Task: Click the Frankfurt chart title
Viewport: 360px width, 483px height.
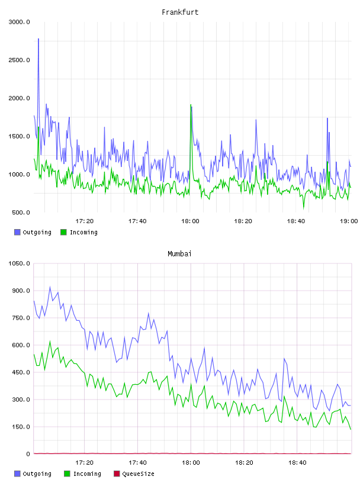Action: (x=180, y=12)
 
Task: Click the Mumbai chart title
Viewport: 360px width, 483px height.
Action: (x=179, y=254)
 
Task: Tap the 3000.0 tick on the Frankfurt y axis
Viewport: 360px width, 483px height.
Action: (x=19, y=22)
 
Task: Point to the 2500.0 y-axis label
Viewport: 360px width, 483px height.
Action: (x=19, y=60)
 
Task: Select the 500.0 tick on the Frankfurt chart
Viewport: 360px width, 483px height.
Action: (x=21, y=212)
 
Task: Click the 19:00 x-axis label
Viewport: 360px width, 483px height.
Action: (x=349, y=221)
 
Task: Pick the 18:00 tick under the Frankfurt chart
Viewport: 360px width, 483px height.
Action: (x=190, y=221)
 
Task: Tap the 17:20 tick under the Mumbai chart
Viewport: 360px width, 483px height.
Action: (x=85, y=463)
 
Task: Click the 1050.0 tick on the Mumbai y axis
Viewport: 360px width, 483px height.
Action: (x=19, y=263)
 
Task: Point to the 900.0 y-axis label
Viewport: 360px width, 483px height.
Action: (x=21, y=291)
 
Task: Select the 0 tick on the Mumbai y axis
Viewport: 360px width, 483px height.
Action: (x=28, y=454)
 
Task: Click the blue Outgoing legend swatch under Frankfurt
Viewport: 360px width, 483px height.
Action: (x=17, y=232)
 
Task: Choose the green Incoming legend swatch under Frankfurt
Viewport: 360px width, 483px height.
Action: (x=63, y=232)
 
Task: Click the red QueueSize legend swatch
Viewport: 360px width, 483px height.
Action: (x=117, y=474)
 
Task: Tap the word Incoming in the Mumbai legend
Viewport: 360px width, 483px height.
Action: (x=87, y=474)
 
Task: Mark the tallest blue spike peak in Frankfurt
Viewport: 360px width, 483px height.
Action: (x=38, y=39)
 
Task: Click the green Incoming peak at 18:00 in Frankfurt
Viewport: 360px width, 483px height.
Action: (x=191, y=105)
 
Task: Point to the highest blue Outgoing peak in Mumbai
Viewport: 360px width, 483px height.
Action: (x=50, y=287)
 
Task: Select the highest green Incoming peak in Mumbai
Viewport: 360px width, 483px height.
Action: (x=50, y=342)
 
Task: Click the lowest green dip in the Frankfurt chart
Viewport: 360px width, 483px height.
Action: (x=304, y=209)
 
